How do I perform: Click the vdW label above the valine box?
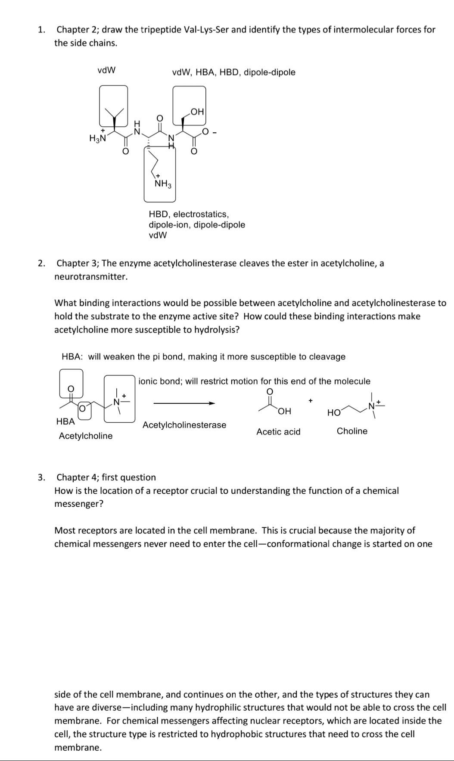coord(106,70)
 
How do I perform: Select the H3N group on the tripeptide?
coord(97,138)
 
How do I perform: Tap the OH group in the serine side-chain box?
coord(196,112)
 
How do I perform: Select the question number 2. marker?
coord(41,263)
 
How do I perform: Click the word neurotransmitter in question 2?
coord(91,277)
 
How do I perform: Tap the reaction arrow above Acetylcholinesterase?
coord(184,403)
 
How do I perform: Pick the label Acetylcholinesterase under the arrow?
coord(184,425)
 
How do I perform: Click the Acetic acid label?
coord(278,432)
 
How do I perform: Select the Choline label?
coord(352,431)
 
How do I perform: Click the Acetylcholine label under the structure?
coord(86,436)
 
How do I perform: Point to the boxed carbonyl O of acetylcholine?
coord(72,388)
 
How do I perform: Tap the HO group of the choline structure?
coord(334,413)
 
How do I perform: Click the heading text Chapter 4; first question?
coord(106,477)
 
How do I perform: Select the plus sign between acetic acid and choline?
coord(310,401)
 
